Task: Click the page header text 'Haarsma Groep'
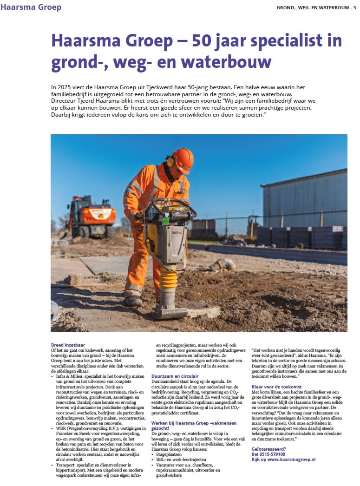(x=31, y=7)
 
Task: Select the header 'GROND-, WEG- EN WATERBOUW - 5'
(x=316, y=7)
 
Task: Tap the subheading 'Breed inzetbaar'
(x=68, y=345)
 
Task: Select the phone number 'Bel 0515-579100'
(x=268, y=454)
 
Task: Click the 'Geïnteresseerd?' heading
(x=269, y=449)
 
